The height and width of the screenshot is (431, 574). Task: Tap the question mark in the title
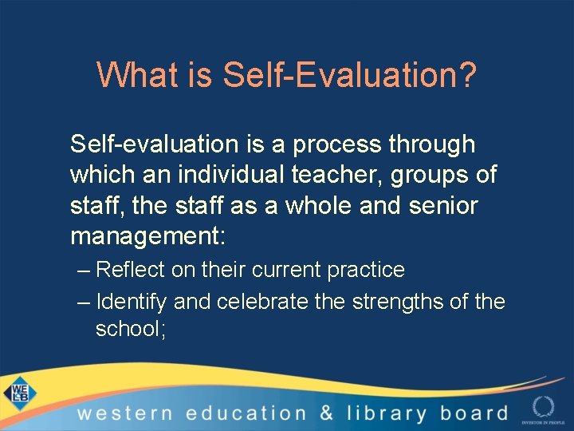coord(468,75)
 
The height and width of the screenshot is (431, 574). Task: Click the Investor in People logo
coord(543,407)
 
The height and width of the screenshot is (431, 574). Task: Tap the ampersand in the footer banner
coord(326,413)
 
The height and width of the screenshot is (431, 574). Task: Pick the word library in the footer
coord(387,413)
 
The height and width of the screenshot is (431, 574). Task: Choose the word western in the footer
coord(124,413)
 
